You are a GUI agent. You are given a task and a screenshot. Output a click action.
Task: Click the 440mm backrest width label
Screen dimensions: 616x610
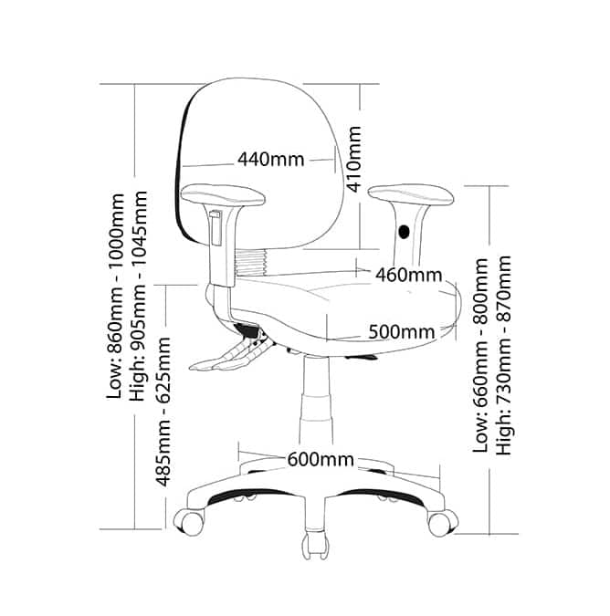tap(270, 160)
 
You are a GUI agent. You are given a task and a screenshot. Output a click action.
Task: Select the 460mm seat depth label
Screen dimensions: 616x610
tap(408, 274)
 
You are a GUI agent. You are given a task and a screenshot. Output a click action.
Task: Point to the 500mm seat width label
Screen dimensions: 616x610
tap(401, 331)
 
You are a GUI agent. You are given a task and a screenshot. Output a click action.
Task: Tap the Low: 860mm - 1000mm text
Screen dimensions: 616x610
tap(116, 295)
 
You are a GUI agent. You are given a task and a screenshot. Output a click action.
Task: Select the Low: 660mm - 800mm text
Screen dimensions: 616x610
tap(480, 354)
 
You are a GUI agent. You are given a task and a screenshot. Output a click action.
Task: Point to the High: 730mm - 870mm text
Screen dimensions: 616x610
tap(503, 354)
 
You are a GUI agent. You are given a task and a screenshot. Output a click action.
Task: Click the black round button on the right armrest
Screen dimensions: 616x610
tap(405, 232)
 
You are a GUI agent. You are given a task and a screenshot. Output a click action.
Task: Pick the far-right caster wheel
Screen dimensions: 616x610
tap(439, 523)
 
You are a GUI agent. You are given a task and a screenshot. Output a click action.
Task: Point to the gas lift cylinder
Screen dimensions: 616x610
tap(316, 402)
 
